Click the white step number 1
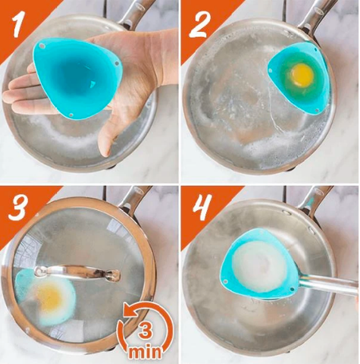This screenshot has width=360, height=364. tap(20, 26)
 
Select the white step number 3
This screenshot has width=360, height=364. tap(17, 207)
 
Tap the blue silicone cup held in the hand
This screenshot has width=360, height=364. tap(78, 77)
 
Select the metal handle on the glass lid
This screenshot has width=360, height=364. tap(77, 273)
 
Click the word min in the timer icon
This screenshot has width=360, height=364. tap(145, 352)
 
